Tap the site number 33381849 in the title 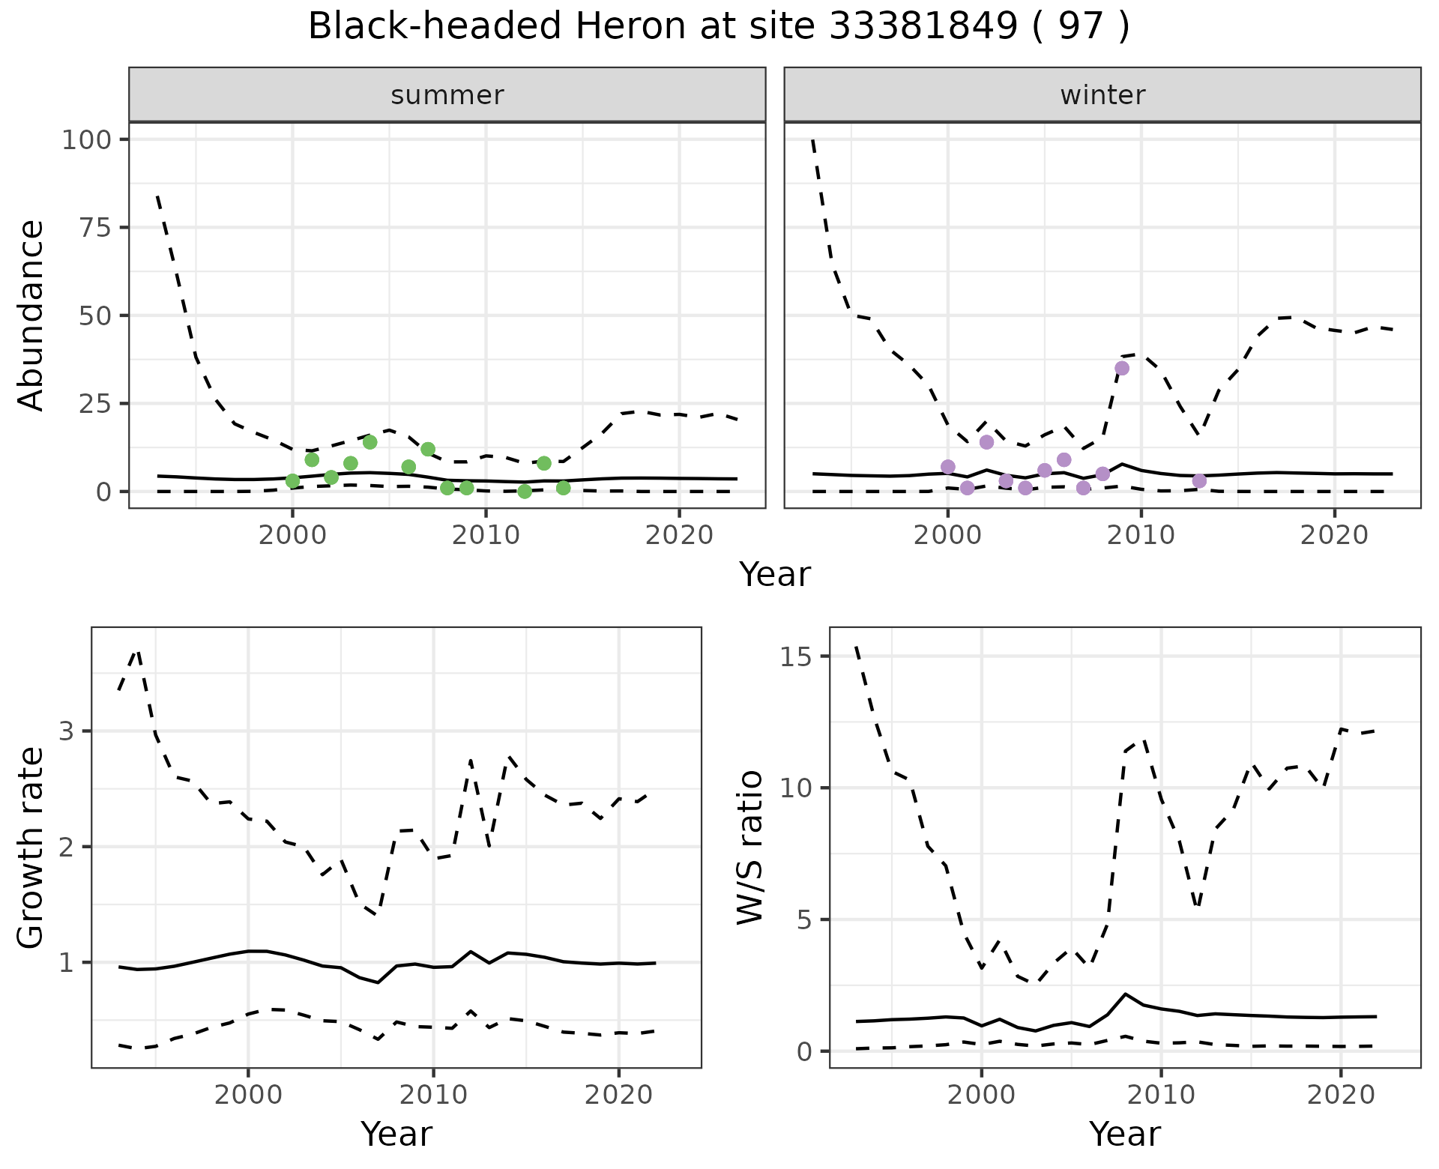click(923, 27)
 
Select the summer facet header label click(447, 95)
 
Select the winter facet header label click(1102, 95)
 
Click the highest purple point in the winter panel click(1122, 368)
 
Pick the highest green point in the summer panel click(369, 442)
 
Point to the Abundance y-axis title click(31, 315)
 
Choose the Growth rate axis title click(31, 848)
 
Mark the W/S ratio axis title click(749, 848)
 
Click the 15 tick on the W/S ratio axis click(796, 656)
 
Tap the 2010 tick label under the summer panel click(486, 536)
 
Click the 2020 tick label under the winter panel click(1334, 536)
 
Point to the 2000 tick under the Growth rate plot click(248, 1095)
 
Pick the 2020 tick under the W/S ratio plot click(1341, 1095)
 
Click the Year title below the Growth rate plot click(396, 1134)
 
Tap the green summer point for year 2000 click(292, 480)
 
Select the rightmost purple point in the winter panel click(1199, 480)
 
